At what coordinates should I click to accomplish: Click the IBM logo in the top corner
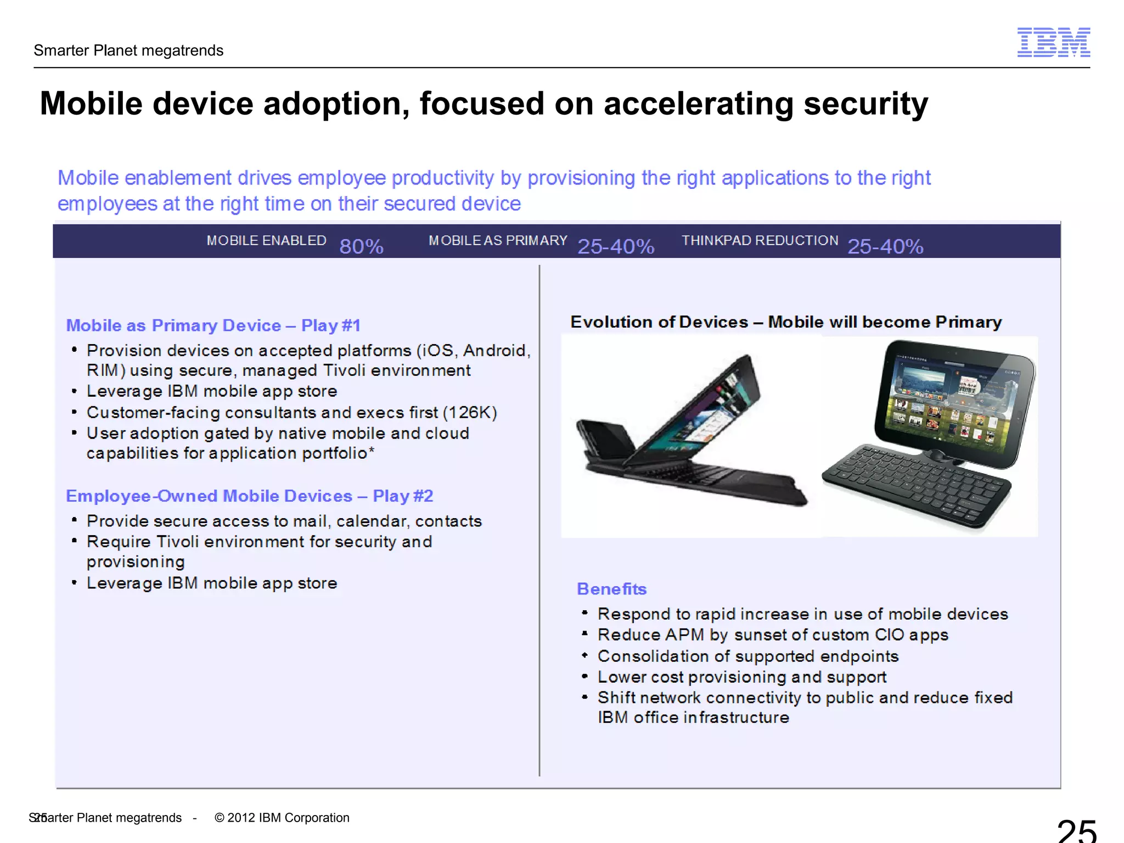pos(1053,42)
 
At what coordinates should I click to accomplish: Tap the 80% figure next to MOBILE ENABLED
pos(361,246)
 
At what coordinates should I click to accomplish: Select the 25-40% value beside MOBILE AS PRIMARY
pos(616,246)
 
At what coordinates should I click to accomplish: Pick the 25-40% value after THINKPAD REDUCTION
pos(885,246)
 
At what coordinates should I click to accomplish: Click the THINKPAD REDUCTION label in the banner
pos(760,240)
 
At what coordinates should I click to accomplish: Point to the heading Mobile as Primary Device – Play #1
pos(213,325)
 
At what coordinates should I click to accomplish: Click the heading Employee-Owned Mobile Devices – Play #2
pos(249,496)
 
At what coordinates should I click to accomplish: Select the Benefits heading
pos(611,589)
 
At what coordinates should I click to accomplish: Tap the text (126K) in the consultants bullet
pos(470,412)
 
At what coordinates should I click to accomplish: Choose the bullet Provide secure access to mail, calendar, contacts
pos(284,521)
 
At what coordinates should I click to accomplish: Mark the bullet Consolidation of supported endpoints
pos(748,656)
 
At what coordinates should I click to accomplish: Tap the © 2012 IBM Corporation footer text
pos(282,818)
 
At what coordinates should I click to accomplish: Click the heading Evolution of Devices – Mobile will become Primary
pos(785,322)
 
